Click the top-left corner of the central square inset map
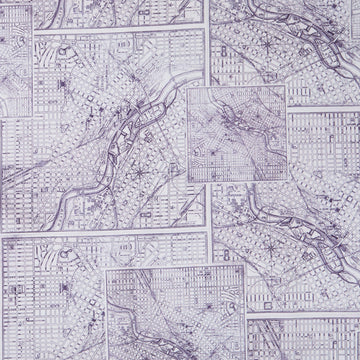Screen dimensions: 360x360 (x=186, y=85)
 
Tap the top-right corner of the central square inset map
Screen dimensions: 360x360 (x=288, y=85)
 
